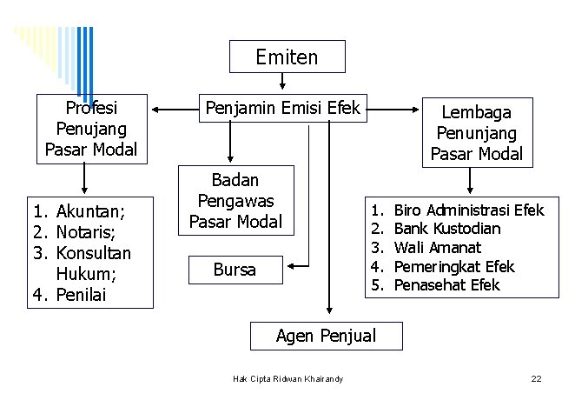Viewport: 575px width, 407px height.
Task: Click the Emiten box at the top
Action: pyautogui.click(x=287, y=57)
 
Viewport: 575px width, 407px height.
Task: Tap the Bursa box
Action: pyautogui.click(x=235, y=270)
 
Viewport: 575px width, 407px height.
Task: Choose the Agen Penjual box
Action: pyautogui.click(x=326, y=335)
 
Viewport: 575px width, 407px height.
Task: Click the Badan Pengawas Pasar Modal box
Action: pyautogui.click(x=235, y=201)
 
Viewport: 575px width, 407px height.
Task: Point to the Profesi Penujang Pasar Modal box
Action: pyautogui.click(x=91, y=129)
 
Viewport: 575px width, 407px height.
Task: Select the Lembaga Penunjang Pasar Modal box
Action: pyautogui.click(x=476, y=133)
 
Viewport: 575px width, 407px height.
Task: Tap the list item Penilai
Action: pyautogui.click(x=81, y=295)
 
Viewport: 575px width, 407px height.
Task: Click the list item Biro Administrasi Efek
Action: pyautogui.click(x=468, y=210)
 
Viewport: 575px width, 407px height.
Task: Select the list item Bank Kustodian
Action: pyautogui.click(x=446, y=229)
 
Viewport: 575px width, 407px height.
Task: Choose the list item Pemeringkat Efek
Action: pyautogui.click(x=453, y=267)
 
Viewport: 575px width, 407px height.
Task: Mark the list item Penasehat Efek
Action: pyautogui.click(x=446, y=285)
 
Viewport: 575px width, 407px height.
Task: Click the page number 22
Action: pyautogui.click(x=536, y=379)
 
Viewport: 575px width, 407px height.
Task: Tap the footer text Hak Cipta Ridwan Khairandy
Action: pyautogui.click(x=288, y=378)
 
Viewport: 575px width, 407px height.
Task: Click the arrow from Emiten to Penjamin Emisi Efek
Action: pyautogui.click(x=283, y=82)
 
